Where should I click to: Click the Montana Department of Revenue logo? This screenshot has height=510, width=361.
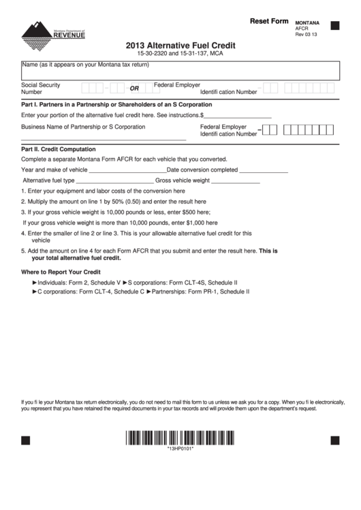54,33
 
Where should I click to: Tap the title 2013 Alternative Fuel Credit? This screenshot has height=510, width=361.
180,46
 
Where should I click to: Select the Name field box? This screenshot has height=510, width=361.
180,70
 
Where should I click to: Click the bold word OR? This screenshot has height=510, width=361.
134,89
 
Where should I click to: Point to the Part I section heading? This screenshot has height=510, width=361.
116,104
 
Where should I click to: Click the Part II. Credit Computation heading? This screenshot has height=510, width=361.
59,148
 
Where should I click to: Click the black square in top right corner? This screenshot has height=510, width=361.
334,26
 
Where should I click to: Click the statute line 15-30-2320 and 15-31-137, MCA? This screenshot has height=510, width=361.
180,53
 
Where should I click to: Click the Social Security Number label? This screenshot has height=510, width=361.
41,88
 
